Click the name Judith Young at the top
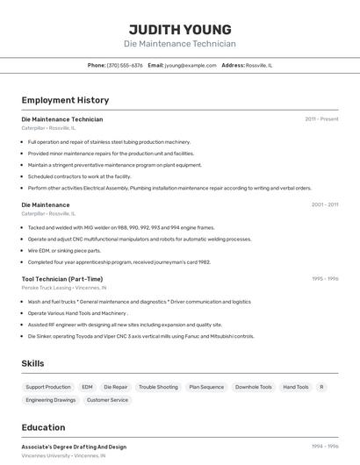point(180,29)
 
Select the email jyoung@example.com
point(191,65)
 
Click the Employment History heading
point(65,100)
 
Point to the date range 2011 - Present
point(321,118)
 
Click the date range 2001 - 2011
point(324,204)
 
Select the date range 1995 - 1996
point(324,278)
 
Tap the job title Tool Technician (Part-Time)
point(61,279)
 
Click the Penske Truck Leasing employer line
point(63,288)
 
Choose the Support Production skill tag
point(48,387)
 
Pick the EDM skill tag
point(87,387)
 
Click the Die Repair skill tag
point(115,387)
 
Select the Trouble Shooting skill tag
point(158,387)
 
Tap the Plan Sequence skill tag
point(206,387)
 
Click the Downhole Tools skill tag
point(254,387)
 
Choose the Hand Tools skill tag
point(295,387)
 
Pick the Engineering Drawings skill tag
point(51,400)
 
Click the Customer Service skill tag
point(107,400)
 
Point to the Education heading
point(43,427)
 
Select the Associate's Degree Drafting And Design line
point(74,447)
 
